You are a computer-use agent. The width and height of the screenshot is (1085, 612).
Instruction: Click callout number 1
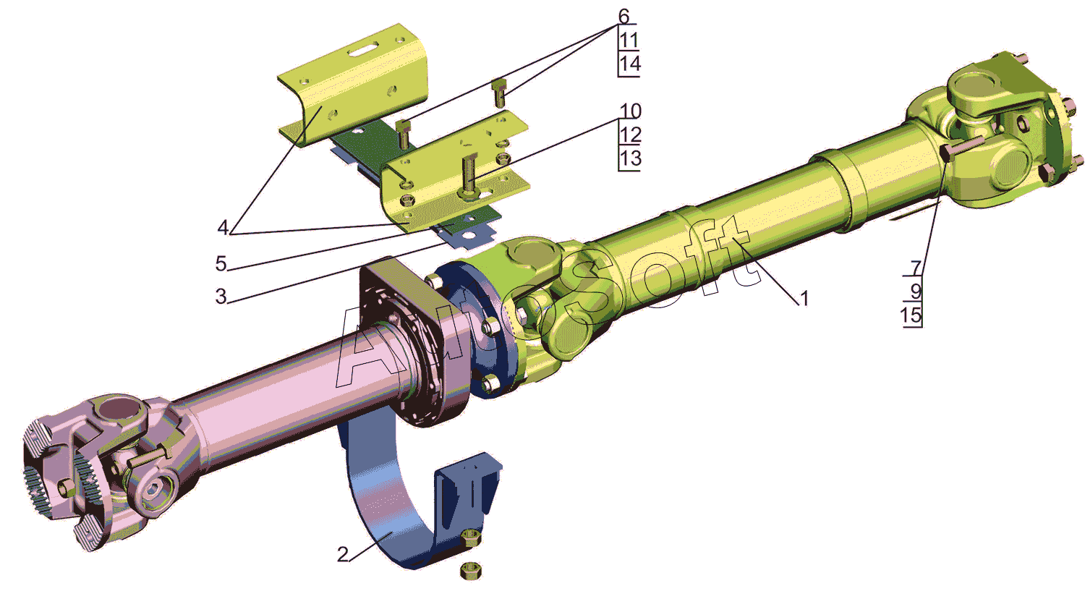[804, 299]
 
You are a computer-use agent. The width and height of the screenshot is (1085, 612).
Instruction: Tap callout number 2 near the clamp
[342, 555]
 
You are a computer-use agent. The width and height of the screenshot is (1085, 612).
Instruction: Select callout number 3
[221, 296]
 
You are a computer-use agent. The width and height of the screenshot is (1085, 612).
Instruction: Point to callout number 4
[223, 226]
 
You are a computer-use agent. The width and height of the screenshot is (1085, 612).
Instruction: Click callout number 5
[221, 263]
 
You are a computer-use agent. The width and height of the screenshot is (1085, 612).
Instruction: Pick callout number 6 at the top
[624, 16]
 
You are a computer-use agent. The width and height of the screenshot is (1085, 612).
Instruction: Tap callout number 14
[630, 64]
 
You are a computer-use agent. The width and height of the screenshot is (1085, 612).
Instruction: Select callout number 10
[631, 111]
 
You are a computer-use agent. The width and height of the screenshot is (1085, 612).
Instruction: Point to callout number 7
[916, 268]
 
